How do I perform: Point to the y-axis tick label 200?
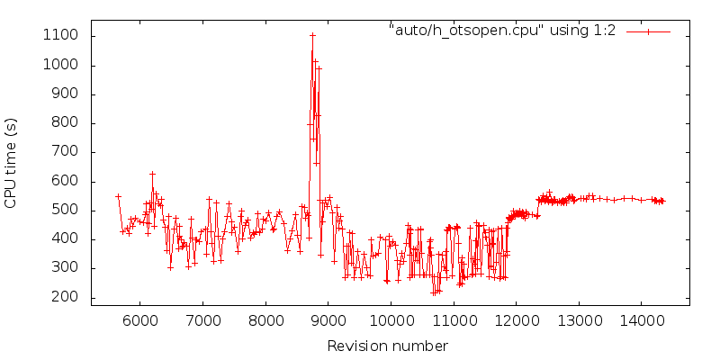click(x=66, y=297)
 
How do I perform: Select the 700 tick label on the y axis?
click(x=66, y=152)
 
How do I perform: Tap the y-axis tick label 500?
click(x=66, y=210)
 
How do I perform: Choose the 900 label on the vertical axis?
click(x=66, y=94)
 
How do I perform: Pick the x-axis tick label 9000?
click(x=328, y=320)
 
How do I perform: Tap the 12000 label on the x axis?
click(x=517, y=320)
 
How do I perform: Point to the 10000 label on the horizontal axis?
click(x=391, y=320)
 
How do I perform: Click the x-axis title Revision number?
click(x=387, y=346)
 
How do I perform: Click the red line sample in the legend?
click(x=648, y=31)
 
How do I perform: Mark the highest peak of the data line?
click(x=312, y=35)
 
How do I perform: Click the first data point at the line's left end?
click(x=118, y=196)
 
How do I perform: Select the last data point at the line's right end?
click(x=662, y=201)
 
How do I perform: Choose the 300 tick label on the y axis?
click(x=66, y=268)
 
